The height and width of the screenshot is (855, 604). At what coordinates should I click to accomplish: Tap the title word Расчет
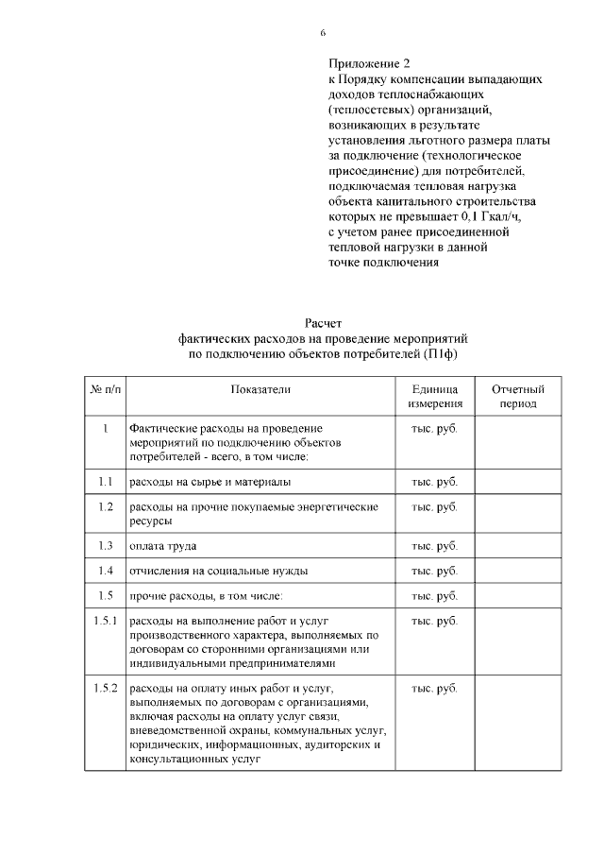[x=323, y=323]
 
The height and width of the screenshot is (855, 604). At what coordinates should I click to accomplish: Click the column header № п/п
[x=105, y=389]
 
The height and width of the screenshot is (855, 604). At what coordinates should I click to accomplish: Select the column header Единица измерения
[x=434, y=397]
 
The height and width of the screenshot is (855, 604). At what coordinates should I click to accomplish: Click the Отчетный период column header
[x=518, y=397]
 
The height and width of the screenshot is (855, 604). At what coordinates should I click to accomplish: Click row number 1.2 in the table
[x=105, y=507]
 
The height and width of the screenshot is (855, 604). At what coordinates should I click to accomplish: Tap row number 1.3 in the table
[x=105, y=546]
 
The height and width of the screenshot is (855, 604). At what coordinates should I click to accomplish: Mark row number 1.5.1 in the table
[x=105, y=621]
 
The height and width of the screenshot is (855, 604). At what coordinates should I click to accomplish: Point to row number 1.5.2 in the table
[x=105, y=687]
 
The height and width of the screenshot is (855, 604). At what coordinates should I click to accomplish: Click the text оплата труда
[x=162, y=546]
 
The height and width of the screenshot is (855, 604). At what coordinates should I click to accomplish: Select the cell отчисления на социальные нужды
[x=218, y=571]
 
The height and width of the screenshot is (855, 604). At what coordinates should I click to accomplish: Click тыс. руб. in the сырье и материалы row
[x=434, y=482]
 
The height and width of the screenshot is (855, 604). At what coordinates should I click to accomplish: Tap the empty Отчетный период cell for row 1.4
[x=518, y=571]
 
